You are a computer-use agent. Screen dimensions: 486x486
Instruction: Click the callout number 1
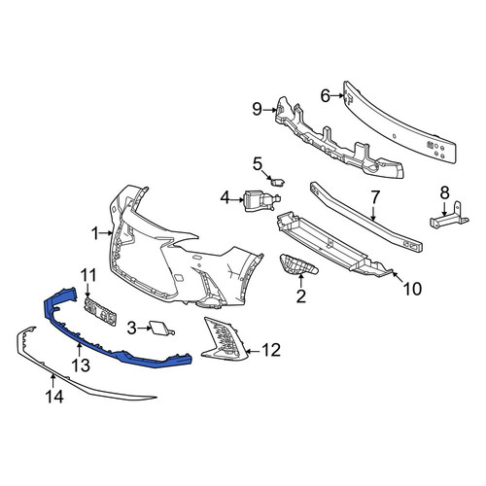pos(94,233)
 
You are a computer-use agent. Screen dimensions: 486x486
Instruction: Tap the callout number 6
pos(325,95)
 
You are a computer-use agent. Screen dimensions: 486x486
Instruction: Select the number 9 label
pos(257,109)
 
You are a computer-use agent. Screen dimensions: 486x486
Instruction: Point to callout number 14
pos(54,397)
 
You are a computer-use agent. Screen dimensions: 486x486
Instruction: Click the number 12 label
pos(271,350)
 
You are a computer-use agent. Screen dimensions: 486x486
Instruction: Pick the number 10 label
pos(412,289)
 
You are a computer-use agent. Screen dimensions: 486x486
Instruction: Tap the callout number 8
pos(444,193)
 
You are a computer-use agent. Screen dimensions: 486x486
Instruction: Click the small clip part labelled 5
pos(278,182)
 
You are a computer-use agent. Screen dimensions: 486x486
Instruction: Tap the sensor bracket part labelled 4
pos(260,201)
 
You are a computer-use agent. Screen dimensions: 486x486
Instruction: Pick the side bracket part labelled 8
pos(449,217)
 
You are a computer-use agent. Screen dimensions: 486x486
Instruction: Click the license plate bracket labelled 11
pos(100,312)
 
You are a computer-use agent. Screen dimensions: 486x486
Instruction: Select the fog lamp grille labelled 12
pos(225,339)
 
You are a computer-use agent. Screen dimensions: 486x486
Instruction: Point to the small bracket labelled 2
pos(298,264)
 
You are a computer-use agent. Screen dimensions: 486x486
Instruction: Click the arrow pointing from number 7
pos(373,213)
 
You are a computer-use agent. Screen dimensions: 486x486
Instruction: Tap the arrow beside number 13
pos(79,350)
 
